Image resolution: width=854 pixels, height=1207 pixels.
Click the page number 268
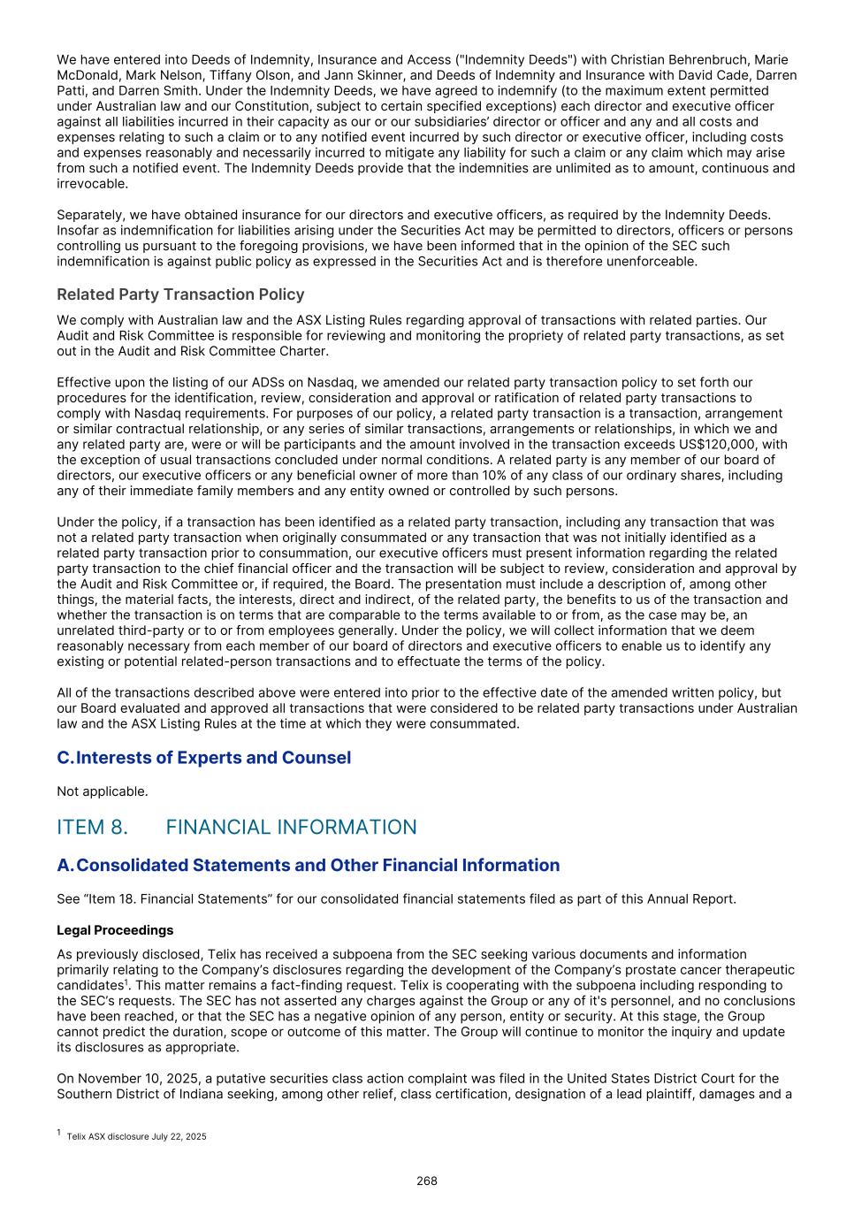[x=427, y=1180]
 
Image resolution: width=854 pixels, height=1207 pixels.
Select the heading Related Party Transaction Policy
[x=180, y=294]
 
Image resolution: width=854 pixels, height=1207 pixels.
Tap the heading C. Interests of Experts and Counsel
[x=204, y=758]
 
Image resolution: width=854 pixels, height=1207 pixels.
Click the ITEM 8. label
[x=92, y=827]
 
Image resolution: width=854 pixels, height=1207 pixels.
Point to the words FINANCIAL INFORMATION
[x=291, y=827]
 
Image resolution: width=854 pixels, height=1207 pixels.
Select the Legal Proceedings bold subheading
[x=115, y=930]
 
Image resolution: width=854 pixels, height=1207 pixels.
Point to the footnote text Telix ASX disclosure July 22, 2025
[x=136, y=1136]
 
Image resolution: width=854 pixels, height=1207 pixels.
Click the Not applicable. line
[x=103, y=791]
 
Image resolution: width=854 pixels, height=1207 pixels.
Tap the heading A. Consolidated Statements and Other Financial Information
[x=309, y=865]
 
